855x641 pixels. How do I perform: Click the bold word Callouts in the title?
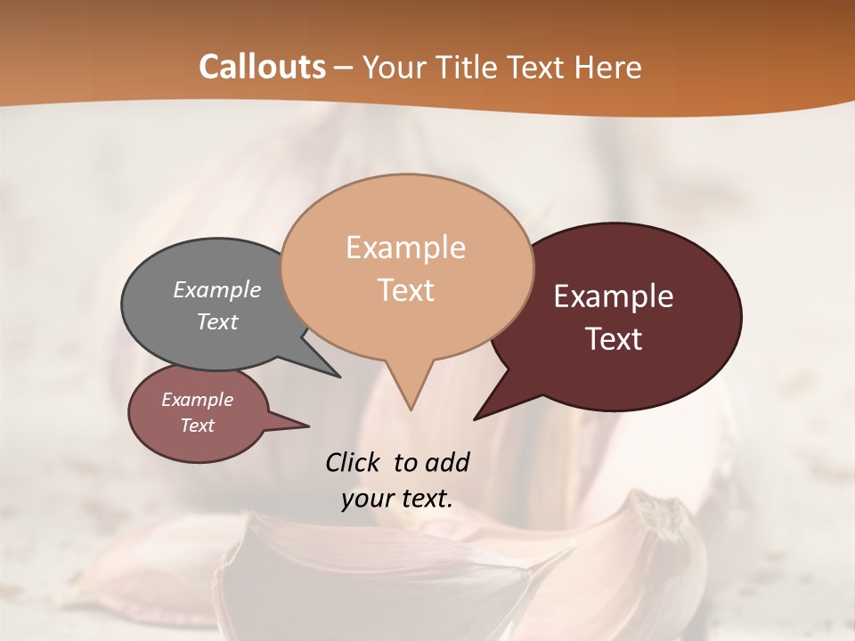pos(262,67)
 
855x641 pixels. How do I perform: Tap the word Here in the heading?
pos(609,68)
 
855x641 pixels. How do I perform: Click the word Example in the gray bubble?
pos(216,290)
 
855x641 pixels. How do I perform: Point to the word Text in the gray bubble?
pos(216,321)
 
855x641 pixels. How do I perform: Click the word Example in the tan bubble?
pos(405,247)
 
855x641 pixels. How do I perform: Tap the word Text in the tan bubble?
pos(405,290)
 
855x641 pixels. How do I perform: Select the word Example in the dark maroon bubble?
pos(614,296)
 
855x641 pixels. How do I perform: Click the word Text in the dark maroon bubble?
pos(615,339)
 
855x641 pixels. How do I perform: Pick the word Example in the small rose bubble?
pos(197,400)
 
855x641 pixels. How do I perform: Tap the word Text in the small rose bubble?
pos(197,426)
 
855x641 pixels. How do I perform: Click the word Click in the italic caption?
pos(354,462)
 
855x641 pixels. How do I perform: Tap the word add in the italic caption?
pos(446,462)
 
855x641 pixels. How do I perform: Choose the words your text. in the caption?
pos(397,499)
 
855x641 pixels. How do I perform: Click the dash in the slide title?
pos(345,68)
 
